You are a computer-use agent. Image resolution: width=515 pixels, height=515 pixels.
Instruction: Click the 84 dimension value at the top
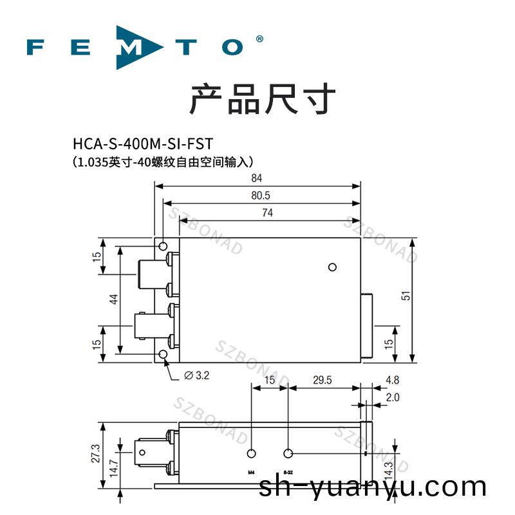tap(257, 178)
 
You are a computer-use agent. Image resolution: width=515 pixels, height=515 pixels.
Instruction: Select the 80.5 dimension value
tap(257, 196)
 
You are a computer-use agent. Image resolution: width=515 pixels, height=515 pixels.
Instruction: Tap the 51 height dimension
tap(406, 296)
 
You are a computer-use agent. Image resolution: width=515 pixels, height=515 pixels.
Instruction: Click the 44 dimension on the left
tap(113, 299)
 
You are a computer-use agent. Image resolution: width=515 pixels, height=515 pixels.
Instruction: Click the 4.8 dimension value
tap(392, 380)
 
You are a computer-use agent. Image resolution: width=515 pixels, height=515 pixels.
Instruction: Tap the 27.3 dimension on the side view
tap(96, 453)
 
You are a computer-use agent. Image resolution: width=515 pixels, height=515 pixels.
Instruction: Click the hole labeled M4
tap(252, 453)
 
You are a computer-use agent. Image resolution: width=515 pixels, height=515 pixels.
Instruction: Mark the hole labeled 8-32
tap(288, 453)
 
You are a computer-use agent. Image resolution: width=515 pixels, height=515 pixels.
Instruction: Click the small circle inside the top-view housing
tap(332, 267)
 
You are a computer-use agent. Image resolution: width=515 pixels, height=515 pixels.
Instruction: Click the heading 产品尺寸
tap(263, 99)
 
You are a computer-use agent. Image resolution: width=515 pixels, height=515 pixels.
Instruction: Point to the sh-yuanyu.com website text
tap(372, 487)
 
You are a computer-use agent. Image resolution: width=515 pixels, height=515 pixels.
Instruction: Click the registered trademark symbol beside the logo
tap(259, 39)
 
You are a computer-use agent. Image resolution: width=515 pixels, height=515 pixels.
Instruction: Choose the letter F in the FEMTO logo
tap(37, 47)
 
